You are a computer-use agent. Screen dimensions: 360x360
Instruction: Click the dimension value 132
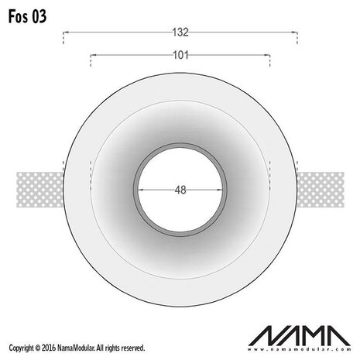180,32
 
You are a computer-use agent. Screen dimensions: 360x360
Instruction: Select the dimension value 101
180,55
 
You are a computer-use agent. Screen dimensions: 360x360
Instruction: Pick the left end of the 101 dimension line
91,57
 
